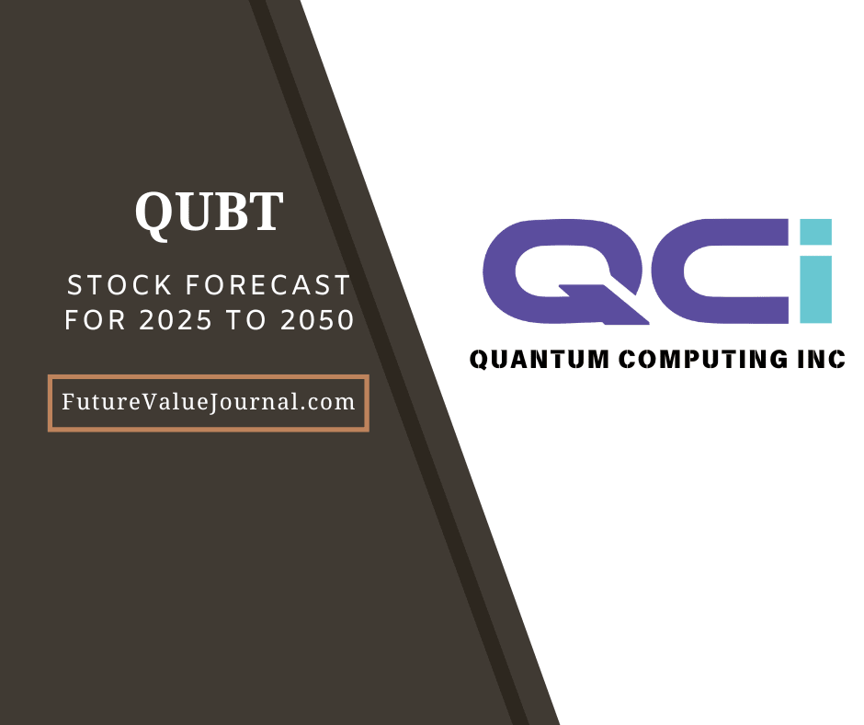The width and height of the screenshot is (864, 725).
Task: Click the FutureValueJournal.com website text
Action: pyautogui.click(x=208, y=402)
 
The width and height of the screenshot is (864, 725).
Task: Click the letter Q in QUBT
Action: pyautogui.click(x=153, y=213)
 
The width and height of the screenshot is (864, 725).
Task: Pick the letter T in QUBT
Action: pyautogui.click(x=265, y=212)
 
